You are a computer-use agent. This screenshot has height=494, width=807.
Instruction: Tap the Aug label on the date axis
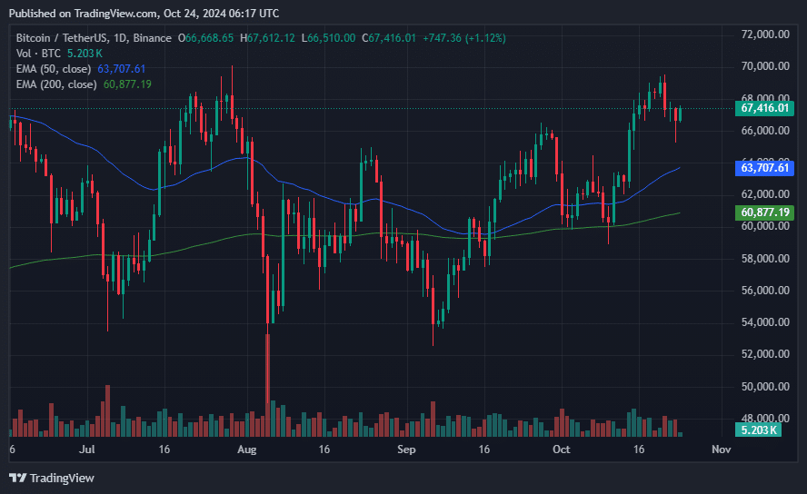(x=246, y=450)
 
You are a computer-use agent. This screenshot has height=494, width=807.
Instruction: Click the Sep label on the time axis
(x=406, y=450)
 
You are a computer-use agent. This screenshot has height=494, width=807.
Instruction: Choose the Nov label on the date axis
(x=721, y=450)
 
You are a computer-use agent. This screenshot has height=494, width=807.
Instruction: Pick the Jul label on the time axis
(x=88, y=450)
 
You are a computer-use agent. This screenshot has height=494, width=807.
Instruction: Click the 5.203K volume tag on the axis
(x=759, y=430)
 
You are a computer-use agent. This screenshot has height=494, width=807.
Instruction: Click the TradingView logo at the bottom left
(x=52, y=478)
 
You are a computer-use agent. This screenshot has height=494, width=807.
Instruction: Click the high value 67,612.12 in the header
(x=271, y=38)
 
